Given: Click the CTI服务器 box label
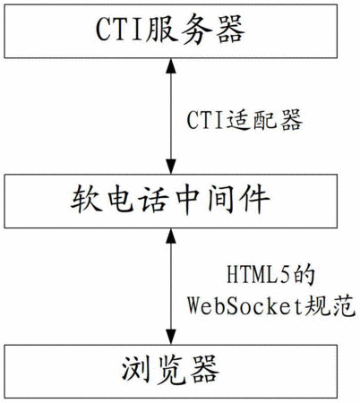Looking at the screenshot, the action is tap(170, 30).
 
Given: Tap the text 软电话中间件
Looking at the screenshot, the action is tap(170, 199).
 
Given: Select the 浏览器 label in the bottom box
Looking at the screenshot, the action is tap(170, 370).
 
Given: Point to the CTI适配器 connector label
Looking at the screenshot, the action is tap(244, 120).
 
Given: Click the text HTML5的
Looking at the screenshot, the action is tap(271, 275).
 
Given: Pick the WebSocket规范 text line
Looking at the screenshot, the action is tap(271, 305).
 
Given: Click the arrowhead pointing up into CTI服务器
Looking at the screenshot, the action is tap(171, 65).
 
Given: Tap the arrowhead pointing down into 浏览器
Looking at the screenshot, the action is tap(171, 337).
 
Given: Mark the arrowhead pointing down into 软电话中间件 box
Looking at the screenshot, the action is tap(171, 167).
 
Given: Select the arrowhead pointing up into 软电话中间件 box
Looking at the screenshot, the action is tap(171, 236).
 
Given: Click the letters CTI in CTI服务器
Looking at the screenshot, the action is tap(119, 30).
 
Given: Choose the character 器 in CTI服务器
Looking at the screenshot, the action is tap(230, 30).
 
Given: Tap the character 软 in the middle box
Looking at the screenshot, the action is tap(85, 199).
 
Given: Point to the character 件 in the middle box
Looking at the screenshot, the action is tap(255, 199).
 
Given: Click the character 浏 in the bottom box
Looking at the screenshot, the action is tap(136, 370).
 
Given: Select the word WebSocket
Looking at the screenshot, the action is tap(244, 305).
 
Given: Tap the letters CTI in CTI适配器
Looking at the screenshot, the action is tap(206, 121).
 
